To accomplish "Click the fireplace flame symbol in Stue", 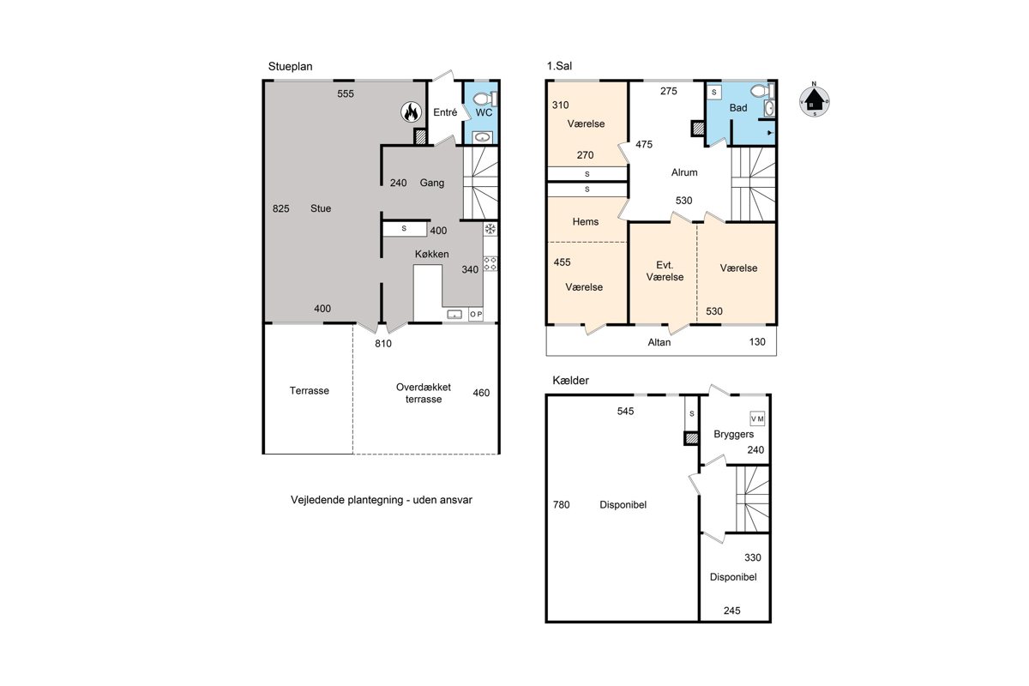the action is click(411, 111).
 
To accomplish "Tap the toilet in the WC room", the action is click(485, 99).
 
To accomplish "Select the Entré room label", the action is click(445, 112).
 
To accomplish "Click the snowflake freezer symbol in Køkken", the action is click(490, 229).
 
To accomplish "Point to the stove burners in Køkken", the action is click(490, 264).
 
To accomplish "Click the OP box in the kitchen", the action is click(476, 315).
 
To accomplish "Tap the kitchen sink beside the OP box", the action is click(454, 315).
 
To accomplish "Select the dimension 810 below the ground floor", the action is click(383, 344).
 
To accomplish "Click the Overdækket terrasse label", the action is click(423, 394).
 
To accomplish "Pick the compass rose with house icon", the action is click(814, 100).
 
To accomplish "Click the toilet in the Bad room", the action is click(763, 91).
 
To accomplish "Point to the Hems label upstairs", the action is click(585, 222).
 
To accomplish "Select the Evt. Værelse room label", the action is click(665, 271).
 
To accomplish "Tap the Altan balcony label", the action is click(659, 342).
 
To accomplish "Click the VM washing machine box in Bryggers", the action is click(757, 418).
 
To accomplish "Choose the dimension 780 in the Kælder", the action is click(562, 505).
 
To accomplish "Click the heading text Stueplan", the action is click(291, 67).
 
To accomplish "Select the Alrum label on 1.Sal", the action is click(684, 172).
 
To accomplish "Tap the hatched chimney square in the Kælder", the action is click(691, 438).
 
